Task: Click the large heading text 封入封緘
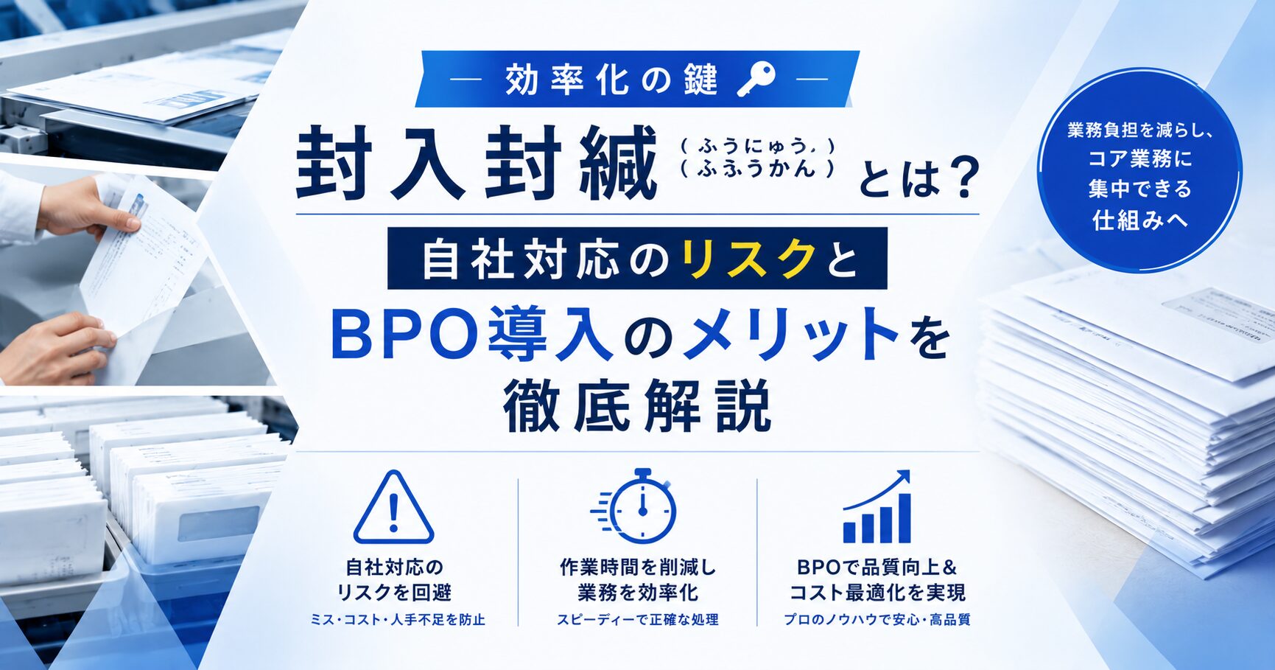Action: (476, 163)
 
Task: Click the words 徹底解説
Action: (637, 405)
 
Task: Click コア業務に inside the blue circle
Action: (1139, 158)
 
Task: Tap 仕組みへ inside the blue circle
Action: (1139, 220)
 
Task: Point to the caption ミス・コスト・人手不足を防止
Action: (398, 620)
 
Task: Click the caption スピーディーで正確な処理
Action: (637, 620)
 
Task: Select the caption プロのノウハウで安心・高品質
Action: (877, 620)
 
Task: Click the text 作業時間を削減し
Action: (638, 567)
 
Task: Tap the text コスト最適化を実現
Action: (877, 593)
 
